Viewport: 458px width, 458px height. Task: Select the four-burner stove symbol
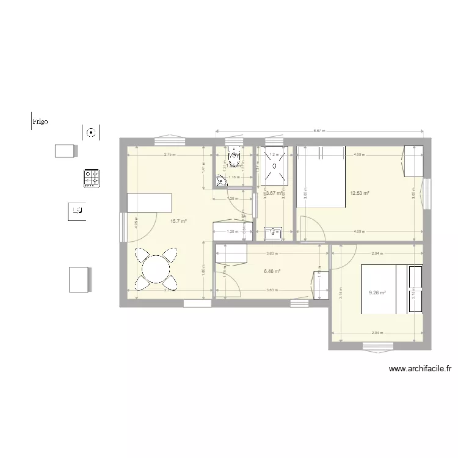click(x=92, y=178)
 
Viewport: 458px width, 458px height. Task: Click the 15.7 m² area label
click(x=178, y=221)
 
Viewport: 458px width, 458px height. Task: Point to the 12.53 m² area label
click(x=359, y=193)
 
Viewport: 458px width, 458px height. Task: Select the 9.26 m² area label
click(x=378, y=293)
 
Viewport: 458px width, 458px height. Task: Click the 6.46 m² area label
click(x=272, y=271)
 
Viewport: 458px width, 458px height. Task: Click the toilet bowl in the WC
click(x=234, y=158)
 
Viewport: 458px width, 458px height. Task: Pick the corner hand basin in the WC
click(x=221, y=180)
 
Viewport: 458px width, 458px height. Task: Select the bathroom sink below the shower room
click(x=272, y=232)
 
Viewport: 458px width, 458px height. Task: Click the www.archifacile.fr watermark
click(x=420, y=369)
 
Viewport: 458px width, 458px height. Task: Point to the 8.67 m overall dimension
click(x=319, y=131)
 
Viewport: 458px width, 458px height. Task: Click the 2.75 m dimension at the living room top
click(x=169, y=154)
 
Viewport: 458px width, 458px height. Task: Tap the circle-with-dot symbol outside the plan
click(x=91, y=131)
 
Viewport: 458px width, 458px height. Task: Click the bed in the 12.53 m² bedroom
click(x=321, y=177)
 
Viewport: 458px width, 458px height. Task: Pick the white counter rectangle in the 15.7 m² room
click(x=150, y=202)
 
